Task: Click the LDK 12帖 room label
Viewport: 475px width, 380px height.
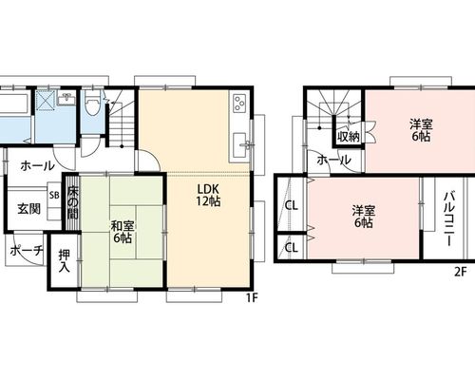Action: point(208,196)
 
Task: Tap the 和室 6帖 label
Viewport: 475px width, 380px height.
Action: point(123,232)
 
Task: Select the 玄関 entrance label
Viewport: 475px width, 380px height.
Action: point(28,209)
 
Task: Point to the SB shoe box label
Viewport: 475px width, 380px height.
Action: point(54,196)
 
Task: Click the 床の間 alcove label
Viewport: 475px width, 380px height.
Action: point(72,202)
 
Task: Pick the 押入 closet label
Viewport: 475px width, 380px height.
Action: point(64,261)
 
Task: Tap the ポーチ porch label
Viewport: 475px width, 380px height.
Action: point(27,251)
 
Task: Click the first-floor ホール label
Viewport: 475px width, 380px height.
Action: point(37,165)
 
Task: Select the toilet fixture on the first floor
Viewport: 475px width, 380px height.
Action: point(93,104)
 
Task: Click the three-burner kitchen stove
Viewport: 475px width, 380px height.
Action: point(239,103)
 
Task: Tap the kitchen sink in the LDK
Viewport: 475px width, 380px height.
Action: point(240,145)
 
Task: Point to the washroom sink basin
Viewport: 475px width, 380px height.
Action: point(66,99)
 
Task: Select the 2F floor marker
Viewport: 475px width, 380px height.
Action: point(461,272)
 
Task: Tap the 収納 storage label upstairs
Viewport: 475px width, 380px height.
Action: point(349,137)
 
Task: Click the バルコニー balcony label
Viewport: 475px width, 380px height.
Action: point(449,218)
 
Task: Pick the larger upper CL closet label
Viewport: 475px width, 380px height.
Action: point(292,206)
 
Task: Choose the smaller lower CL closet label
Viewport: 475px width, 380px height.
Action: point(292,247)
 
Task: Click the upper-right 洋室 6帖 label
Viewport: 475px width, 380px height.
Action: point(421,130)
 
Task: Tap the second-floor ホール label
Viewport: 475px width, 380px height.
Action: point(333,160)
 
